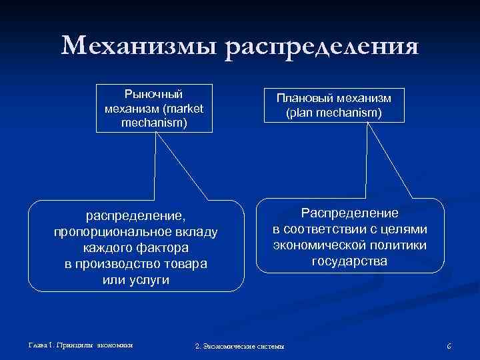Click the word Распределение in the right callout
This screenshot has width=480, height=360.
tap(349, 213)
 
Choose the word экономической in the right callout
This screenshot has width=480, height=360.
tap(320, 245)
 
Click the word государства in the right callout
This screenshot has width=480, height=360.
tap(349, 261)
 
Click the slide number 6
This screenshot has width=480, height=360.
tap(449, 346)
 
